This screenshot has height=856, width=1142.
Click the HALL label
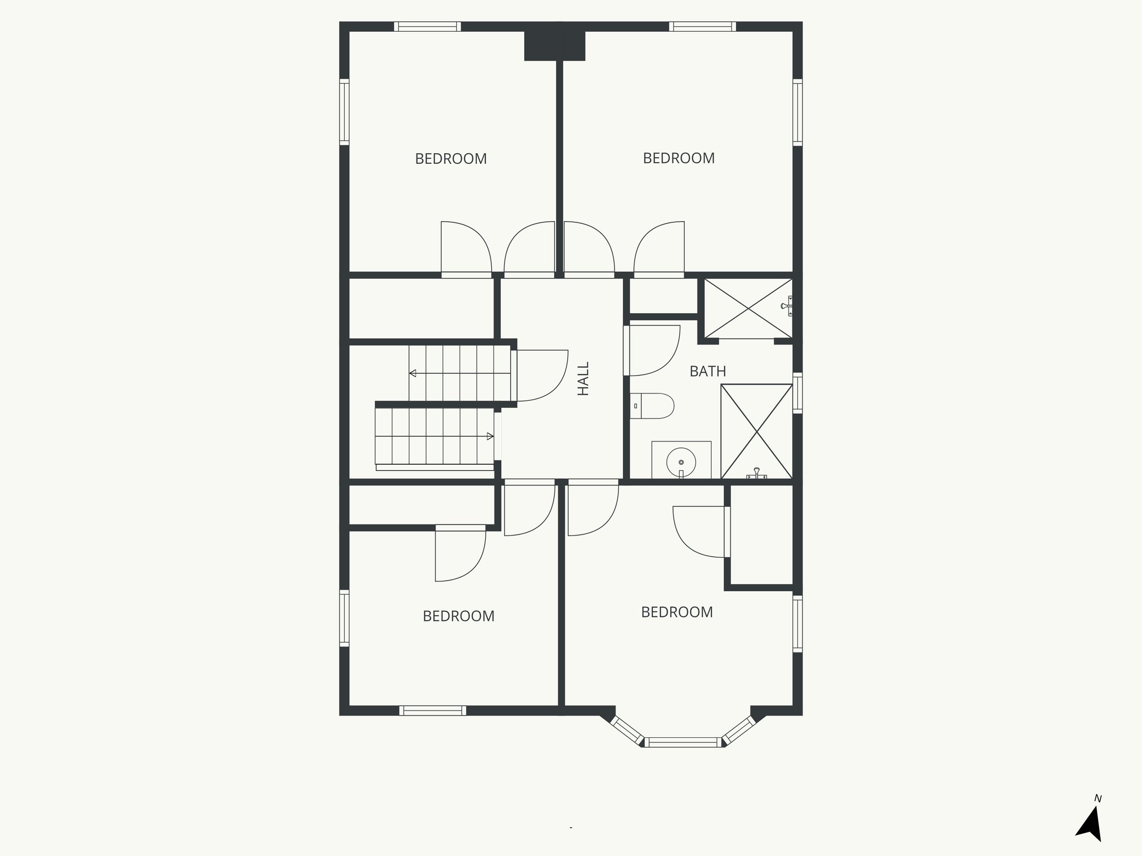pyautogui.click(x=583, y=379)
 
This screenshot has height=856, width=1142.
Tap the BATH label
pyautogui.click(x=708, y=371)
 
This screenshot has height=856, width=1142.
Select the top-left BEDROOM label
pyautogui.click(x=451, y=159)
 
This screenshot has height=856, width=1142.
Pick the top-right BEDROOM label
pyautogui.click(x=679, y=158)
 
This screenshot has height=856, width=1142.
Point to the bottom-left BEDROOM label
pyautogui.click(x=458, y=616)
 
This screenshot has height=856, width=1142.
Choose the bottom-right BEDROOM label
pyautogui.click(x=677, y=612)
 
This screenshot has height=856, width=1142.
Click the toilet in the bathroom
pyautogui.click(x=654, y=406)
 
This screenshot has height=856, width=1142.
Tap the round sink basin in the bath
pyautogui.click(x=681, y=461)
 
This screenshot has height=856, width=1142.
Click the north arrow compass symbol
pyautogui.click(x=1090, y=826)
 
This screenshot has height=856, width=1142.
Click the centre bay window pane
pyautogui.click(x=683, y=742)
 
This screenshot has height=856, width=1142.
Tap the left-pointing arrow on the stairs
pyautogui.click(x=413, y=373)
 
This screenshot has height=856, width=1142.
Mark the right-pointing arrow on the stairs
pyautogui.click(x=490, y=436)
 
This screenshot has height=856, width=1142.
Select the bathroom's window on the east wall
pyautogui.click(x=797, y=393)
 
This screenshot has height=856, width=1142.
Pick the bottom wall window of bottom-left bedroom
pyautogui.click(x=433, y=710)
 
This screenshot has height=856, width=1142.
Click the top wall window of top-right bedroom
pyautogui.click(x=703, y=26)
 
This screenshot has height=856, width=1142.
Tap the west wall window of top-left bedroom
pyautogui.click(x=345, y=112)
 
